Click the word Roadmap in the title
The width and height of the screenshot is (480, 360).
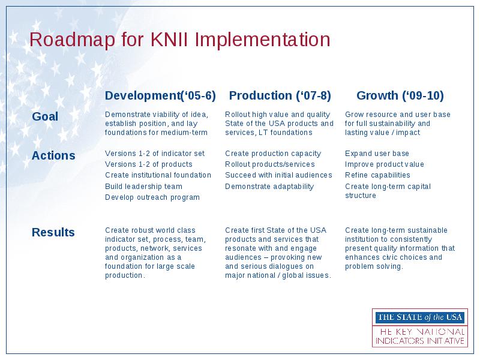[72, 40]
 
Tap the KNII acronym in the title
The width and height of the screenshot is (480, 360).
[169, 39]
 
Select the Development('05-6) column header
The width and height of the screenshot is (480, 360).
[160, 95]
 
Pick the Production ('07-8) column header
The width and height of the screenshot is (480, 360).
[280, 95]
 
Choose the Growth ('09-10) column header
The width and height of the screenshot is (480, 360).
[400, 95]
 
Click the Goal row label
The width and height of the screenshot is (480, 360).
[45, 116]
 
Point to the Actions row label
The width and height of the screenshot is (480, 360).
[53, 155]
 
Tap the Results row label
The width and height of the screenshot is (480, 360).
[53, 232]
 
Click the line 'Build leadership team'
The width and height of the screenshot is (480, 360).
[143, 187]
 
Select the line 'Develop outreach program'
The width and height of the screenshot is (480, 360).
[152, 197]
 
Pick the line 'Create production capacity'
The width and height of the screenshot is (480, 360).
[273, 154]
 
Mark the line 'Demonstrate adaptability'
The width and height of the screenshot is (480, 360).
[269, 187]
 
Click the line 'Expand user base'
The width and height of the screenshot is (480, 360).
[377, 154]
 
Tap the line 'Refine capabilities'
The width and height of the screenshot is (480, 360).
[377, 175]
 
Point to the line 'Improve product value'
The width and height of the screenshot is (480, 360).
[385, 164]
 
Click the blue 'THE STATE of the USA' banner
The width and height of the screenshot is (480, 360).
[420, 317]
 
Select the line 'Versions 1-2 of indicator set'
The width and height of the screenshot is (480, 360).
[155, 154]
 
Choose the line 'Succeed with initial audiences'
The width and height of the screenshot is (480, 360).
[278, 175]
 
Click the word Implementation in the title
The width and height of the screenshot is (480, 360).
[262, 40]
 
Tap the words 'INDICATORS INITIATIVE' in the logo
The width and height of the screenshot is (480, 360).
[420, 341]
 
